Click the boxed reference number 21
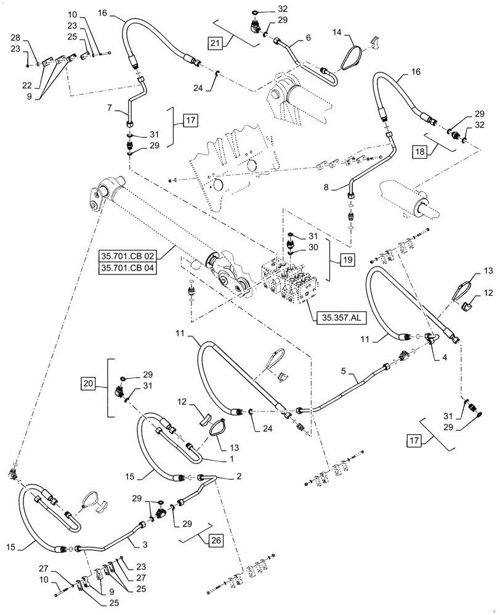click(x=215, y=44)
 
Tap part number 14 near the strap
click(x=338, y=32)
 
